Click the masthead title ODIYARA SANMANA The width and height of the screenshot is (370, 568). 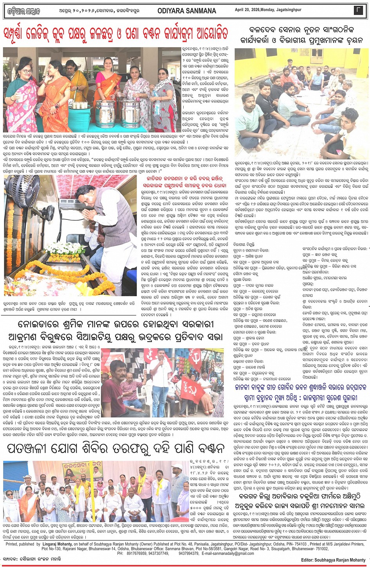[181, 11]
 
